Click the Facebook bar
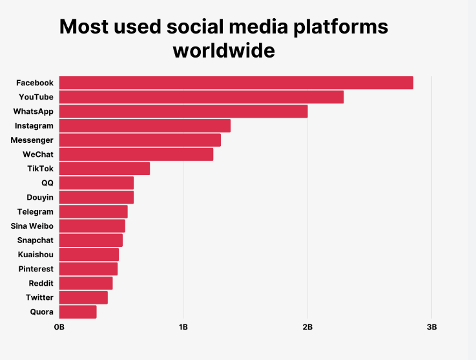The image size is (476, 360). point(236,83)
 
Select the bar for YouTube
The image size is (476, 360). point(201,97)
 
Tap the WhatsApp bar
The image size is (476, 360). point(183,111)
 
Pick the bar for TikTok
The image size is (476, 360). point(104,169)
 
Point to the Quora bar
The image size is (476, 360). point(78,312)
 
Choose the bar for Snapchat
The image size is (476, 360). point(90,240)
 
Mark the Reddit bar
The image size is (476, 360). point(85,283)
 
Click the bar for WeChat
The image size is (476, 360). point(136,154)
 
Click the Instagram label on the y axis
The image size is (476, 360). point(34,125)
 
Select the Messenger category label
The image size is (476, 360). point(32,140)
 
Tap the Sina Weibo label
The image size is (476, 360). point(32,226)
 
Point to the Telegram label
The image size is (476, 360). point(36,211)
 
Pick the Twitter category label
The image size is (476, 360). point(39,297)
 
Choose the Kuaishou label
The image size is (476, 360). point(36,254)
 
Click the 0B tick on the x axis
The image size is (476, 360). point(59,328)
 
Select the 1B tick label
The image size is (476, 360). point(183,328)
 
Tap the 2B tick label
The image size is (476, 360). point(307,328)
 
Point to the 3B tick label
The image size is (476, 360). point(431,328)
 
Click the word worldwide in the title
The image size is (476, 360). point(223,50)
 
